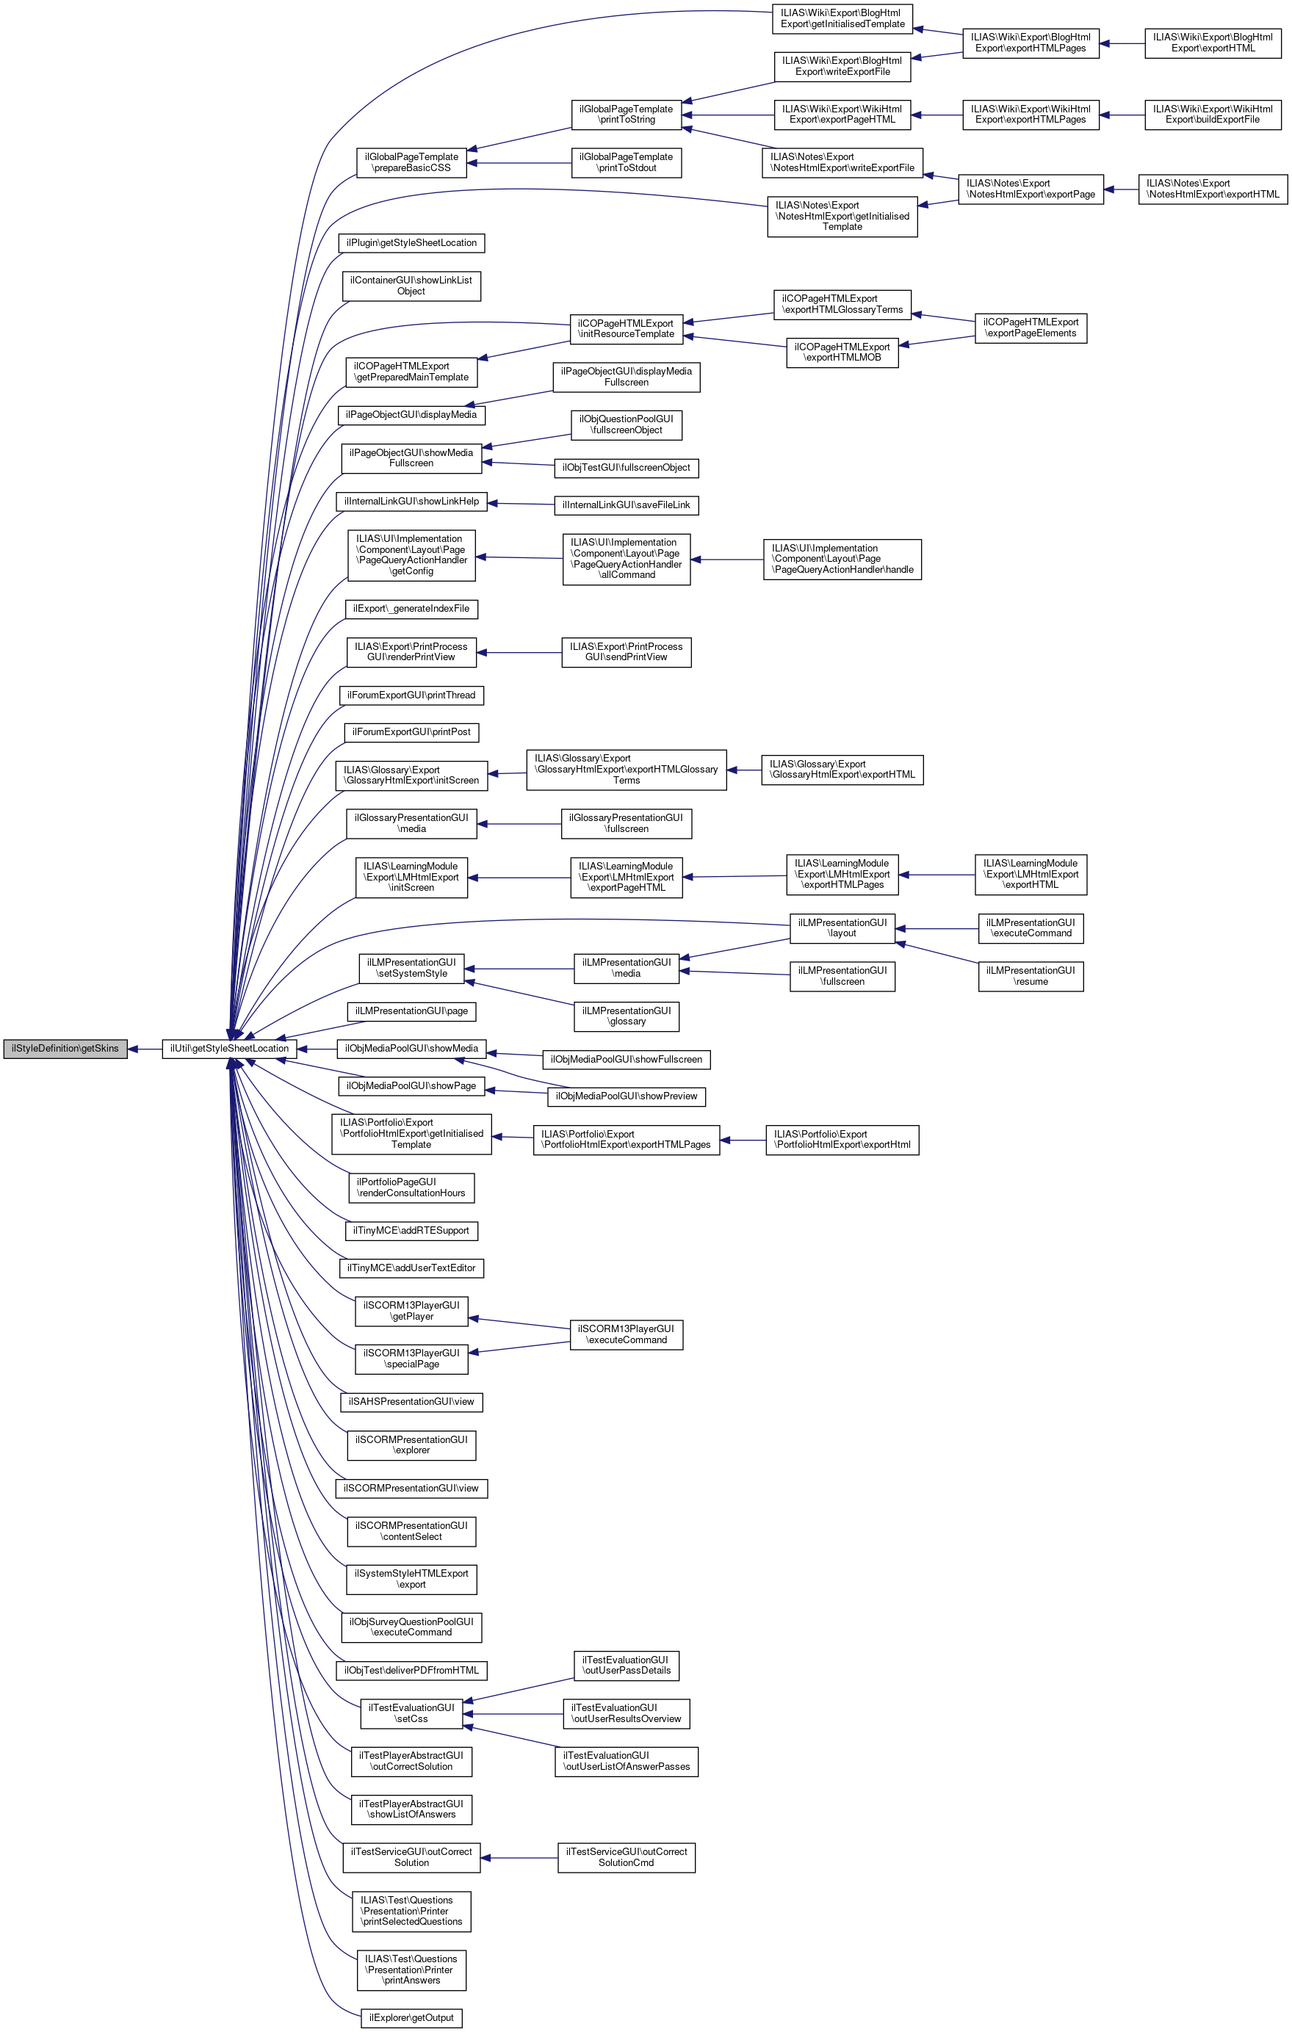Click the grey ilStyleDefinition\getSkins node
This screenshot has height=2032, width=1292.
tap(65, 1049)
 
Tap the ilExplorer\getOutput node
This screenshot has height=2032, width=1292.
tap(411, 2017)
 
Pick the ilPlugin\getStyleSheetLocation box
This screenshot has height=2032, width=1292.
tap(411, 243)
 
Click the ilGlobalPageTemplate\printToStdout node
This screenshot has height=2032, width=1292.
tap(627, 163)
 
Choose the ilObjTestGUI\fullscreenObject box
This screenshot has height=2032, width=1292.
tap(627, 468)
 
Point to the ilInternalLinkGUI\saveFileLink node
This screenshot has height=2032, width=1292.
tap(627, 505)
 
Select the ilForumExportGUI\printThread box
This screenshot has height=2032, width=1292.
tap(411, 695)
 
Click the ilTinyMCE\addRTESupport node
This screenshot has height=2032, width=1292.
tap(411, 1230)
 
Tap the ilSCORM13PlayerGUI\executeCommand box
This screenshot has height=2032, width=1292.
tap(627, 1334)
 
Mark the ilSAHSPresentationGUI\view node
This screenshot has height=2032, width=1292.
tap(411, 1402)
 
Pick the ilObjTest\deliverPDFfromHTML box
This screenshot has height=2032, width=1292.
tap(411, 1670)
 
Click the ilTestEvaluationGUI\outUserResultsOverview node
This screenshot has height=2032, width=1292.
tap(627, 1713)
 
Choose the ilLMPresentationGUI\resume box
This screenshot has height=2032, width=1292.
tap(1031, 976)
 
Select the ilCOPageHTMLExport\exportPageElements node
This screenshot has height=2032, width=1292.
tap(1031, 328)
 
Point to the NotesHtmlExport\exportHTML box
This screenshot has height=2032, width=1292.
tap(1213, 189)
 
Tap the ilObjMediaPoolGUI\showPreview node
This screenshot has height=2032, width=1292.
tap(627, 1096)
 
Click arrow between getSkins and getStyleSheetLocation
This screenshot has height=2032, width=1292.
tap(144, 1049)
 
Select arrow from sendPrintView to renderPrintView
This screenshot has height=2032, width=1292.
tap(519, 652)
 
